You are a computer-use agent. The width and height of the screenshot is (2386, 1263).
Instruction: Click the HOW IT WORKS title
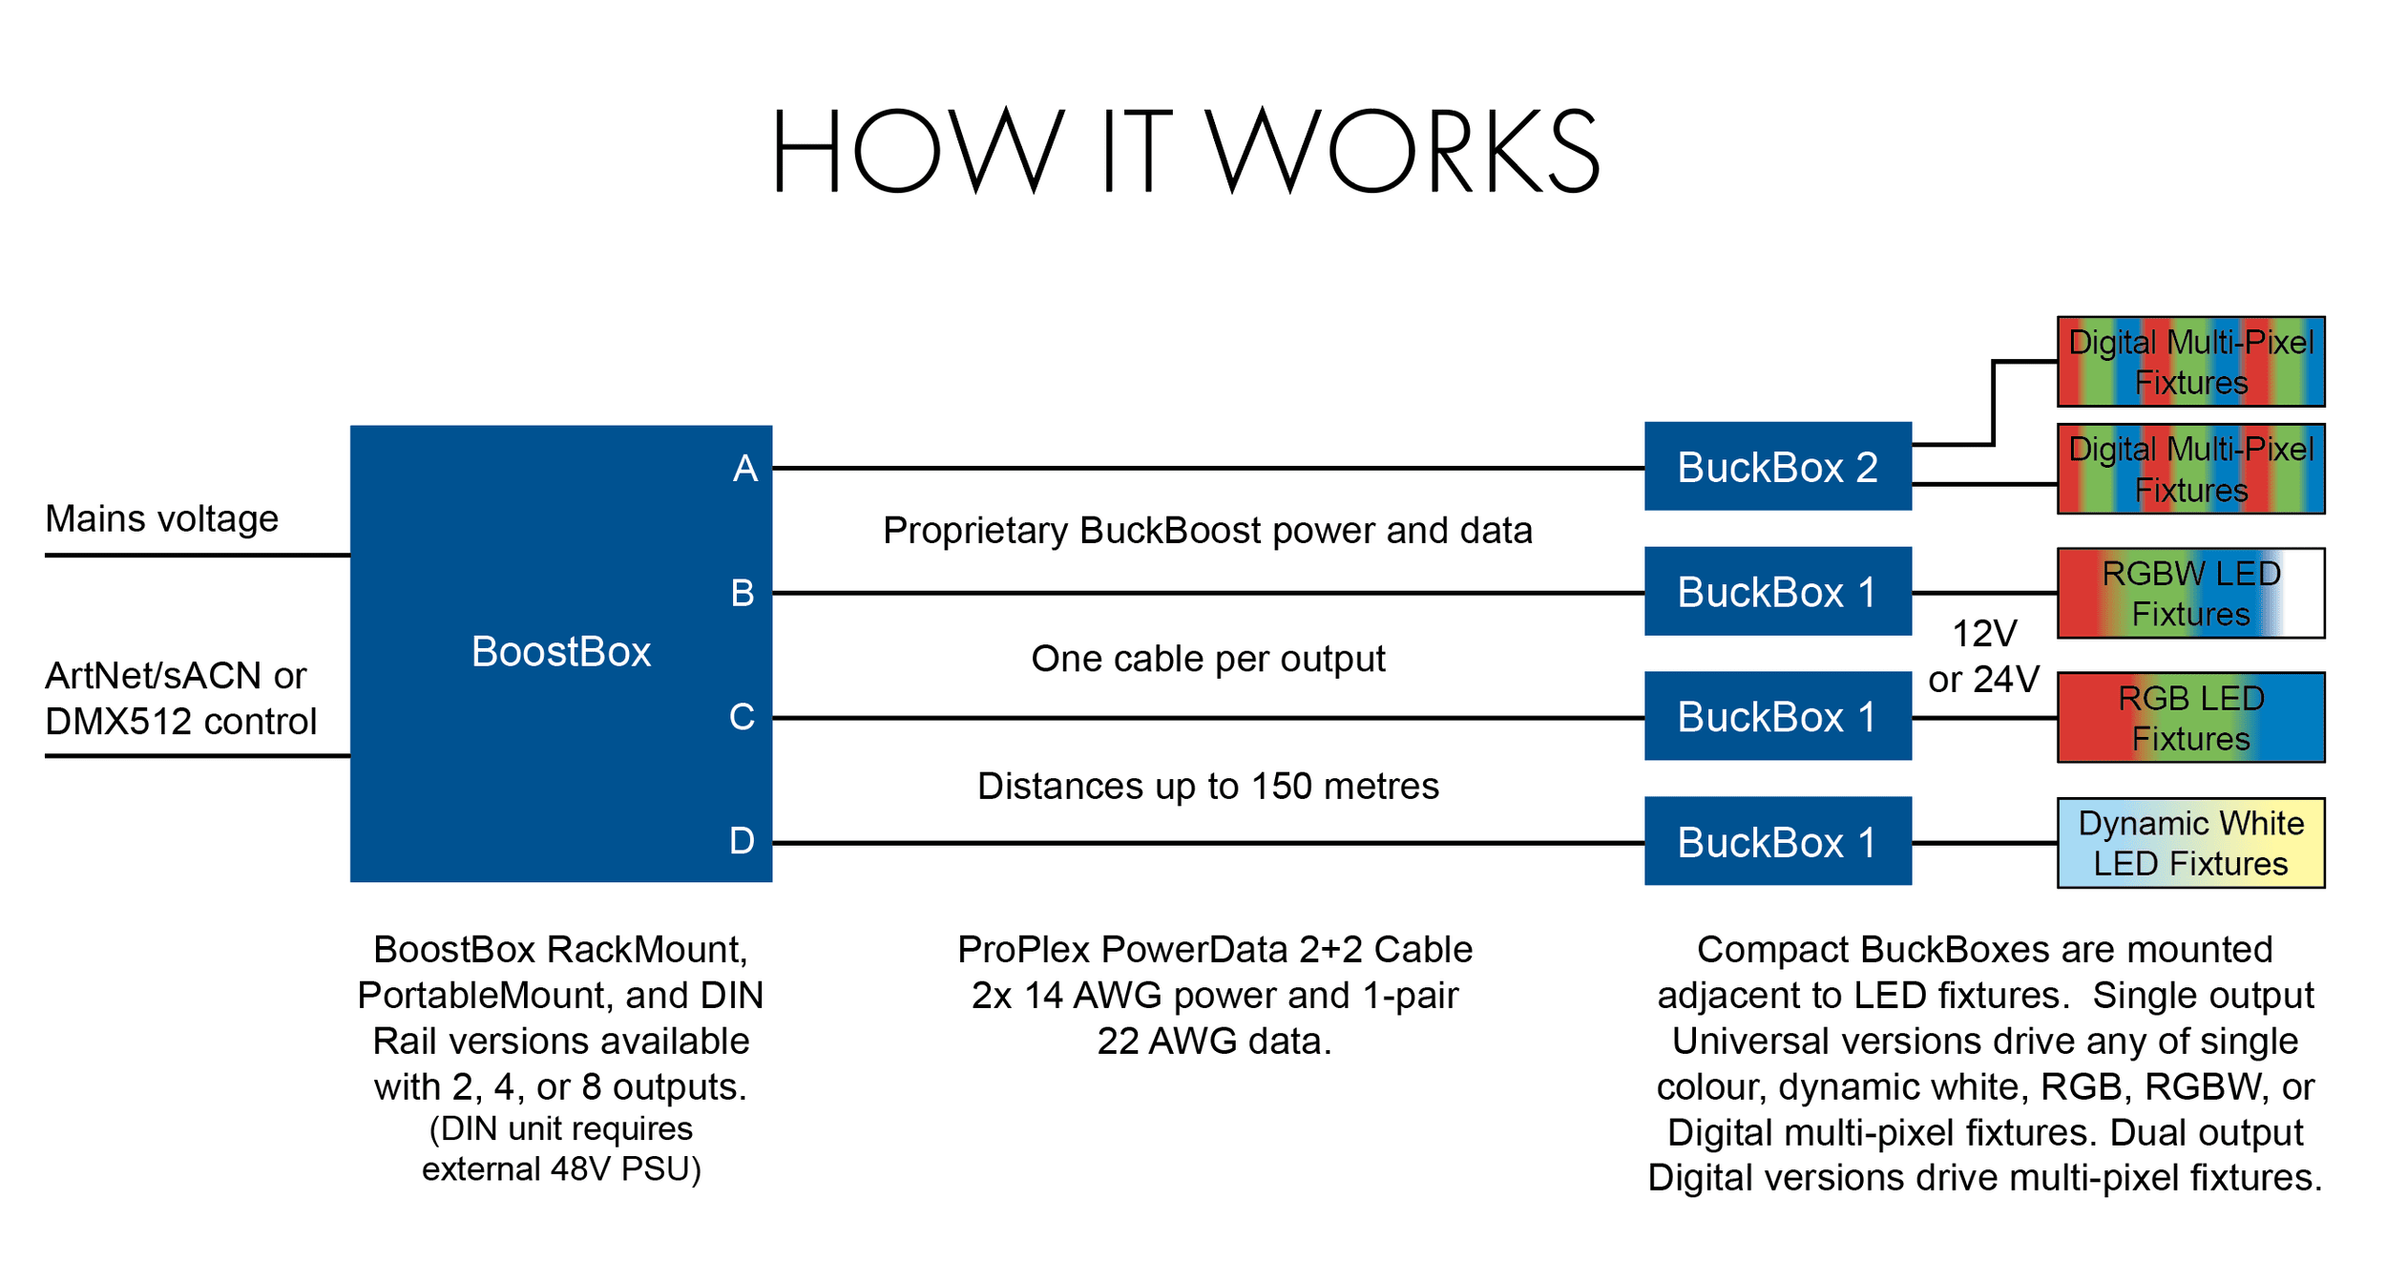tap(1185, 151)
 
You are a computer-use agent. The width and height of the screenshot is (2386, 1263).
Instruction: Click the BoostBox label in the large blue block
tap(561, 652)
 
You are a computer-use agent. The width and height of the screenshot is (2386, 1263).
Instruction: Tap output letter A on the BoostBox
tap(744, 469)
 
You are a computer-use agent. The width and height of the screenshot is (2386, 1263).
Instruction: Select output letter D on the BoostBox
tap(742, 841)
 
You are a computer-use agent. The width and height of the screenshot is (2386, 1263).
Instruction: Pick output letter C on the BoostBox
tap(742, 717)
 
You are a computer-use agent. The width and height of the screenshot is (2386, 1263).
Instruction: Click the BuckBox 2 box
tap(1777, 467)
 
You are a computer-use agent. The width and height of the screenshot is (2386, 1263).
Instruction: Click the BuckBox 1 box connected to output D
tap(1777, 842)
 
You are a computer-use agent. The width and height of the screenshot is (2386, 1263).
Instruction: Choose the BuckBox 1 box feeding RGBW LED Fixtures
tap(1777, 592)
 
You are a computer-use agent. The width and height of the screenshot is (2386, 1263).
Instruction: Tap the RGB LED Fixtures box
tap(2190, 718)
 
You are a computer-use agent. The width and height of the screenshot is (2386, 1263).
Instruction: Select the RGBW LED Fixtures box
tap(2190, 593)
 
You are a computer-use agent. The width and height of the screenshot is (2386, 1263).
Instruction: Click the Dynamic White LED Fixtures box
tap(2190, 843)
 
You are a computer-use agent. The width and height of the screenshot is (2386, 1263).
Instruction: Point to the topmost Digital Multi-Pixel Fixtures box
tap(2190, 362)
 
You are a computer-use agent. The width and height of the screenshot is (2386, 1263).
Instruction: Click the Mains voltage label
tap(162, 518)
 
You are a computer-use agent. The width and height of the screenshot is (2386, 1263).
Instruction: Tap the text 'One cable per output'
tap(1207, 659)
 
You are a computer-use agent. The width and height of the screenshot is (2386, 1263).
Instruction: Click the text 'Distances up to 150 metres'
tap(1207, 786)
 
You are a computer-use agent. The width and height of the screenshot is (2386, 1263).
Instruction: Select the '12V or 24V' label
tap(1983, 657)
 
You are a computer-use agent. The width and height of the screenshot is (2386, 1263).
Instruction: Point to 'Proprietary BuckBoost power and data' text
tap(1207, 531)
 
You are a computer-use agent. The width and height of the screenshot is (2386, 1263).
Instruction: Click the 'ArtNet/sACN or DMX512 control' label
tap(180, 699)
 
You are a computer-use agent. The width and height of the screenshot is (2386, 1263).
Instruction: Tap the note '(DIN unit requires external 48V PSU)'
tap(561, 1148)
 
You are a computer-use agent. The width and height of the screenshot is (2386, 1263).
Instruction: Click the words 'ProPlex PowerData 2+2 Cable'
tap(1214, 950)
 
